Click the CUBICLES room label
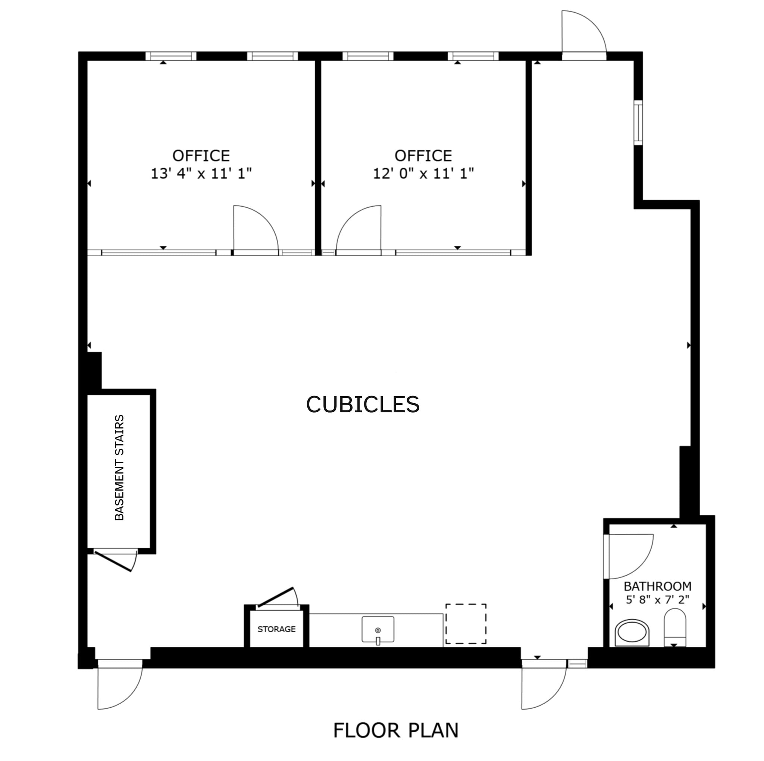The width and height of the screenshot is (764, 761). [363, 404]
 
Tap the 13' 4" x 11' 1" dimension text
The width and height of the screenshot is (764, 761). [201, 173]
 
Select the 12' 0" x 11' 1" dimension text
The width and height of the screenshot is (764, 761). [423, 173]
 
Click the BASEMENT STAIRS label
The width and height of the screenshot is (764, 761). [119, 467]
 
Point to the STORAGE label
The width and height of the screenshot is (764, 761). [276, 629]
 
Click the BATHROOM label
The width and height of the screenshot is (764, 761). [657, 586]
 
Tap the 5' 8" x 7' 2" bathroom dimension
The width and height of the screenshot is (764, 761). [657, 599]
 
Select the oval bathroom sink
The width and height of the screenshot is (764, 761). [632, 632]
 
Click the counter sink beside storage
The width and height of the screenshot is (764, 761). [378, 630]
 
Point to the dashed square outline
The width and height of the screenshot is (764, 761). [466, 624]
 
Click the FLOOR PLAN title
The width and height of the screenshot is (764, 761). [395, 730]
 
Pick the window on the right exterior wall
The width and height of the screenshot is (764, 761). [638, 123]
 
